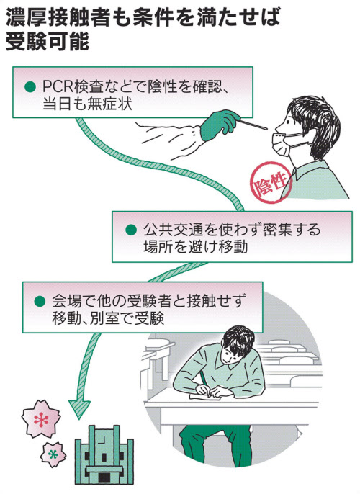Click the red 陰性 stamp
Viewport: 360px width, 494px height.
[x=271, y=182]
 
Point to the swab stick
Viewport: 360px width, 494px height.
[x=253, y=125]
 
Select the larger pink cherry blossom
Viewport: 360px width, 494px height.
[x=41, y=418]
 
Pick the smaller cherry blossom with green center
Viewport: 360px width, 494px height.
[x=53, y=454]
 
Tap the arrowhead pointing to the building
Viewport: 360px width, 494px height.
[x=79, y=409]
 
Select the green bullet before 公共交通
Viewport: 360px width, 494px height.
[x=131, y=230]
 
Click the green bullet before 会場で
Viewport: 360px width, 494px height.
[x=40, y=301]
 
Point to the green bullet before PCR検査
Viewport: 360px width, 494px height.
[x=30, y=87]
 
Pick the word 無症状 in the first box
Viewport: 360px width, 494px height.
[x=109, y=104]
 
